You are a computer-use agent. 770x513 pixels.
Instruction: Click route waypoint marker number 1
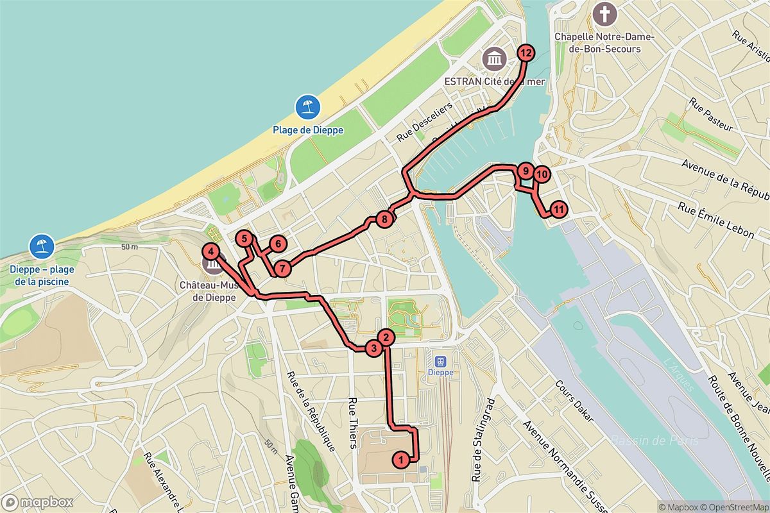401,459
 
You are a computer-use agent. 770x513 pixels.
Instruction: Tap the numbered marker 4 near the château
212,252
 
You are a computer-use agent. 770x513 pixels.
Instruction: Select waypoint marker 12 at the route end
526,53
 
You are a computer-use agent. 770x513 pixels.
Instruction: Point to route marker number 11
559,209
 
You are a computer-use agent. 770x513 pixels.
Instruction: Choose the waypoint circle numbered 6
277,244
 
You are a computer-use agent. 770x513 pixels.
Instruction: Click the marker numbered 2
385,336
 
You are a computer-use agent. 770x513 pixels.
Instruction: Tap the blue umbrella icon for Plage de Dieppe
308,106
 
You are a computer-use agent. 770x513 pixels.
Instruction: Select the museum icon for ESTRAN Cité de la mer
495,60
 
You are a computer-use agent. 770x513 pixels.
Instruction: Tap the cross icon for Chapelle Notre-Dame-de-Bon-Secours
603,13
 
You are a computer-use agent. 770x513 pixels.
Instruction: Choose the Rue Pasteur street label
711,115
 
